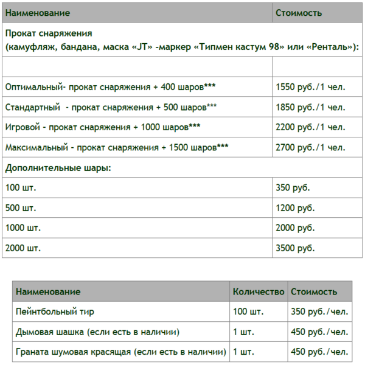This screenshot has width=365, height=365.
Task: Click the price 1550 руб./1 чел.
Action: point(310,87)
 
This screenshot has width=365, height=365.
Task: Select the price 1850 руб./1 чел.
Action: point(310,107)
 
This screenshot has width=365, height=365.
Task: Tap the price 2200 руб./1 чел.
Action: point(310,127)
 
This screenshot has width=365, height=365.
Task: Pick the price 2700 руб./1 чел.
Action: point(310,147)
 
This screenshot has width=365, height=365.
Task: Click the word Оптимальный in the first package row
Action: point(30,87)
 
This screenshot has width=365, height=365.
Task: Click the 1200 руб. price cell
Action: point(295,207)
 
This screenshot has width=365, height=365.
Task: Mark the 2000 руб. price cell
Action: point(295,228)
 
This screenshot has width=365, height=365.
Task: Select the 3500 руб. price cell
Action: point(295,248)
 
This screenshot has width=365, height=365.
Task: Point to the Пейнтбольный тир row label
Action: point(55,312)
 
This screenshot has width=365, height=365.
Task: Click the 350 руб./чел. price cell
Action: point(319,312)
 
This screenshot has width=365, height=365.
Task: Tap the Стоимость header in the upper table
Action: point(299,13)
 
